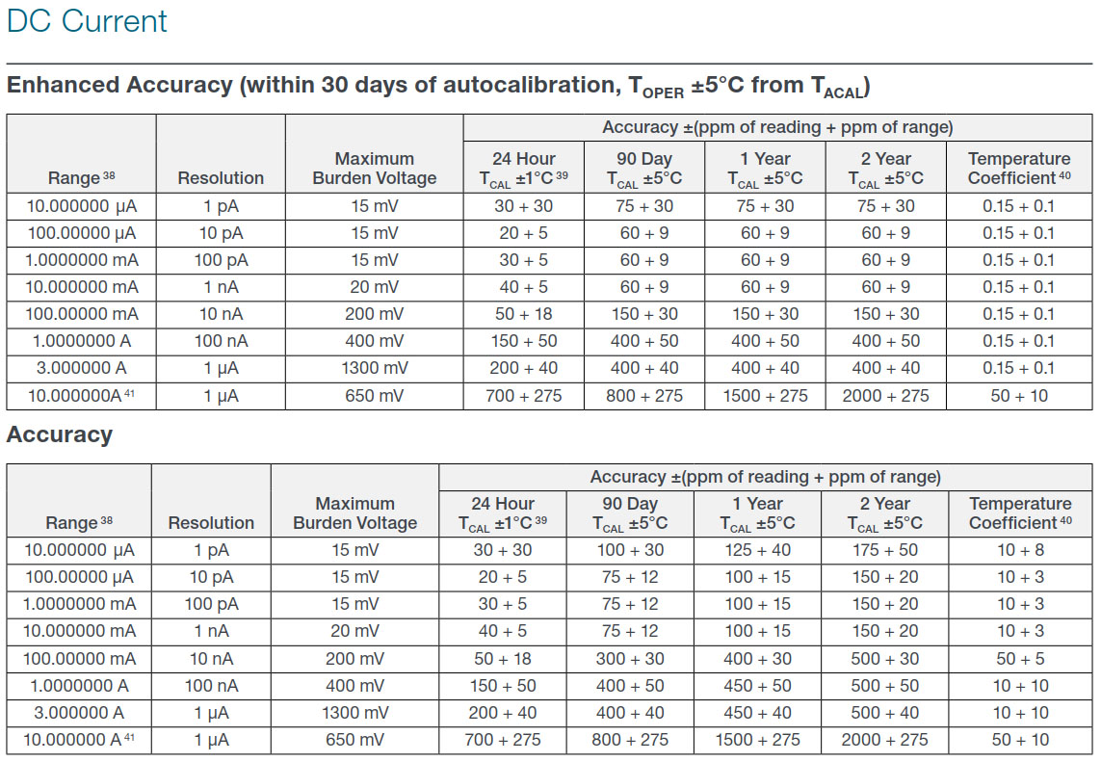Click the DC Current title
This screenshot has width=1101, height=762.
(87, 21)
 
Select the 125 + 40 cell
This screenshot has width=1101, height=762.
(758, 550)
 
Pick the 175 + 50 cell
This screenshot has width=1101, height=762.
(884, 550)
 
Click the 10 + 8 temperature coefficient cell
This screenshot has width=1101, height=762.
(1020, 550)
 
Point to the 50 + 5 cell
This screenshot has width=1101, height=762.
(1020, 659)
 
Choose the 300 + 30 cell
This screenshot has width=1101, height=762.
(630, 659)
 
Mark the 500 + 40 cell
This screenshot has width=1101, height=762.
(884, 713)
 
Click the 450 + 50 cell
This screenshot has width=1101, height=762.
(758, 686)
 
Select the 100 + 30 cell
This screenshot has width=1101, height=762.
(630, 550)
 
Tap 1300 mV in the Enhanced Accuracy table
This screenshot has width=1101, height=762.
(375, 368)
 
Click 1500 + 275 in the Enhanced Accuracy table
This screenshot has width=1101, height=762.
(766, 395)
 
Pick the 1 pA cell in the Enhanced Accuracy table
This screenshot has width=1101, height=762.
(222, 206)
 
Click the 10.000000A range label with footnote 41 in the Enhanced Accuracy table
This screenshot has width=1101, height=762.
(81, 395)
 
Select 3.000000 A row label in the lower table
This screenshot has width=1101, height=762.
(79, 713)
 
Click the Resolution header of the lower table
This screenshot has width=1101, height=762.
(211, 522)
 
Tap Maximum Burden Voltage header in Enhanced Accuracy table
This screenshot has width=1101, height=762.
(375, 169)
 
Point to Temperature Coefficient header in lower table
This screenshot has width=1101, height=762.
(1020, 513)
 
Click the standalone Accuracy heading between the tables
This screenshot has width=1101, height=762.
(60, 434)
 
